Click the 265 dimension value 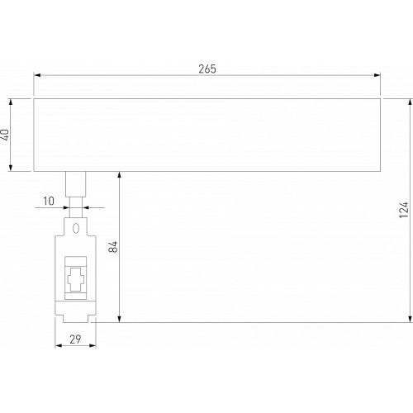[x=207, y=69]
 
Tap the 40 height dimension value [x=6, y=135]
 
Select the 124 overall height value [x=404, y=210]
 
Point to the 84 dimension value [x=113, y=246]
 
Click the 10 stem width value [x=49, y=201]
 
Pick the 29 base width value [x=75, y=339]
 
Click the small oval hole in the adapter [x=76, y=228]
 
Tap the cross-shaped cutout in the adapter [x=76, y=279]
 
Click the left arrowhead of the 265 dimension [x=37, y=75]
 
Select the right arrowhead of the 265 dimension [x=377, y=75]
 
